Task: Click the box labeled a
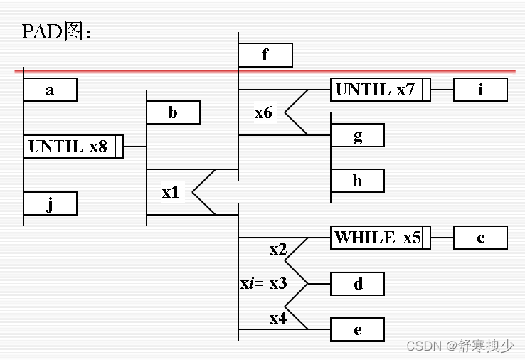(50, 90)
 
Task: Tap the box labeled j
(50, 204)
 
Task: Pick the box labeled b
(173, 113)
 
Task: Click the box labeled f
(265, 55)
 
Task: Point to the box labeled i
(480, 90)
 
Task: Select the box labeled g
(357, 136)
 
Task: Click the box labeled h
(357, 181)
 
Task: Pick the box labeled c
(480, 238)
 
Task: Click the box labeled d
(357, 284)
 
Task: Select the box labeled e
(357, 329)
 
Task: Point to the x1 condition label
(171, 192)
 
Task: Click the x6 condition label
(263, 112)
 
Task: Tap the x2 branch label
(278, 250)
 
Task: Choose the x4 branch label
(278, 318)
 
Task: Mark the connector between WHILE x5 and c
(442, 238)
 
